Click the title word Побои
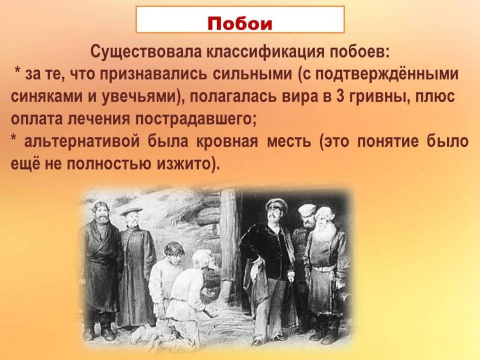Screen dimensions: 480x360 240,24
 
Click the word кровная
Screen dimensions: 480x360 226,142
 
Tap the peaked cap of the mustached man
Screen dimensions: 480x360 277,203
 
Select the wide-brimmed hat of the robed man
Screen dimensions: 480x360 131,210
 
